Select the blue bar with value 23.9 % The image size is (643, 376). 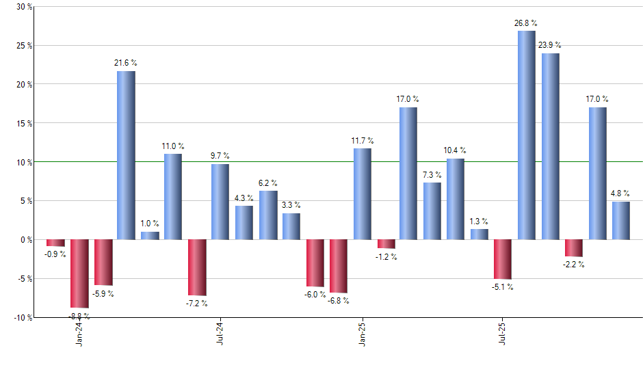pyautogui.click(x=551, y=146)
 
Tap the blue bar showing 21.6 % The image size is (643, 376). pyautogui.click(x=126, y=155)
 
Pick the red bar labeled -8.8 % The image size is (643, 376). pyautogui.click(x=79, y=273)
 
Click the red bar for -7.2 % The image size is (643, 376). pyautogui.click(x=197, y=267)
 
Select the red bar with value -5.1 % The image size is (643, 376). pyautogui.click(x=503, y=259)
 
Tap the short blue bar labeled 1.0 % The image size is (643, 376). pyautogui.click(x=150, y=236)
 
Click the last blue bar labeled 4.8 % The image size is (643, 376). pyautogui.click(x=621, y=221)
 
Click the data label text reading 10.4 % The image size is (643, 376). pyautogui.click(x=455, y=150)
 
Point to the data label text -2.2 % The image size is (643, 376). pyautogui.click(x=574, y=265)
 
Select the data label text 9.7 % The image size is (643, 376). pyautogui.click(x=220, y=156)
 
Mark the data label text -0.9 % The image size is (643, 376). pyautogui.click(x=55, y=254)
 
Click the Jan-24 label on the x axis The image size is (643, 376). pyautogui.click(x=80, y=333)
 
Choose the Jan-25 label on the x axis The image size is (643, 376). pyautogui.click(x=363, y=333)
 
